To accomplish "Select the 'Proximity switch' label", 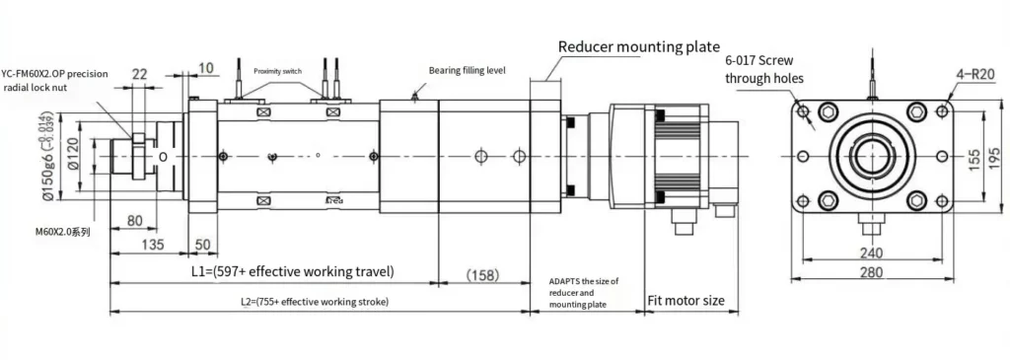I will coord(277,72).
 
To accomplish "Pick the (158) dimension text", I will coord(482,273).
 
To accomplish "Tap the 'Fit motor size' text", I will coord(686,300).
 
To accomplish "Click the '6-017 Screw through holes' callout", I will coord(764,69).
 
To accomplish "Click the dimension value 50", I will coord(202,244).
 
